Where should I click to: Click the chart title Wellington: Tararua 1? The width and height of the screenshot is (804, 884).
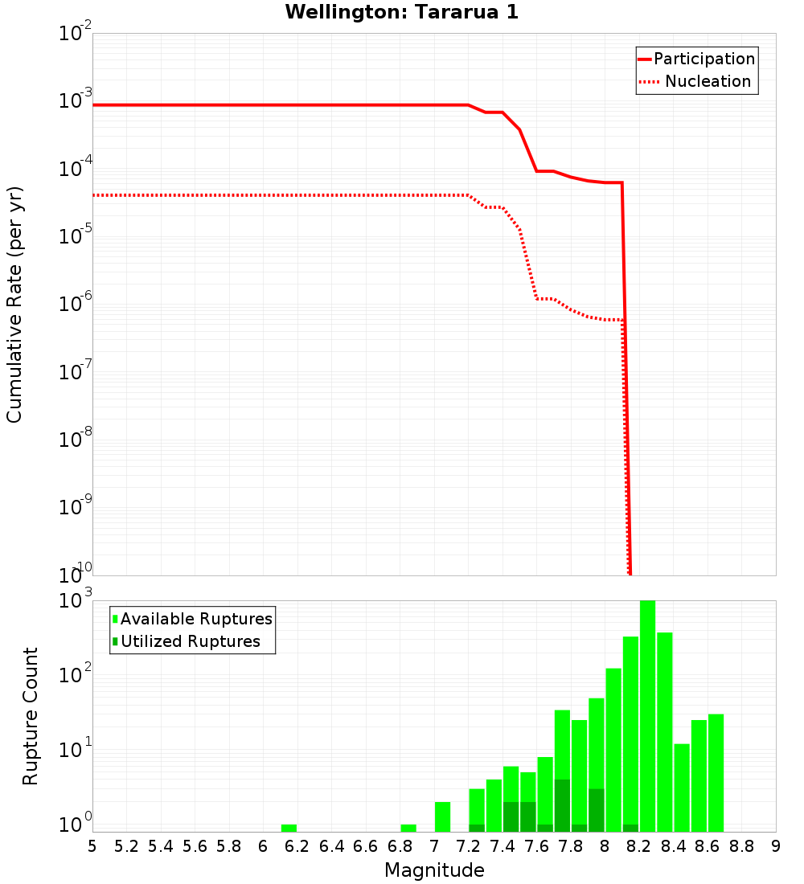coord(395,12)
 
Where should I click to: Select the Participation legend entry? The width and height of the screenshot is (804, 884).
coord(704,59)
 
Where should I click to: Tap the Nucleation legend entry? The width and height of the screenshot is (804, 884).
coord(708,81)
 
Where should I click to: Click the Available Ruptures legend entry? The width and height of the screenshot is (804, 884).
coord(196,619)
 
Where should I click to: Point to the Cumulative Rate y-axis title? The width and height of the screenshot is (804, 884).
coord(14,304)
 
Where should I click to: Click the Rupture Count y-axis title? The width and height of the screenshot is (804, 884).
coord(31,716)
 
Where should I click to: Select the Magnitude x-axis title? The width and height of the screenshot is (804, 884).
coord(434,870)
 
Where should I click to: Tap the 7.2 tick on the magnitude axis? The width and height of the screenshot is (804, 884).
coord(468,845)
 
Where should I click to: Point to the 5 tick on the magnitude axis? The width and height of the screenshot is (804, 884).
coord(92,845)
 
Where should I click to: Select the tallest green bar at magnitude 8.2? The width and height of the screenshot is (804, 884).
coord(647,715)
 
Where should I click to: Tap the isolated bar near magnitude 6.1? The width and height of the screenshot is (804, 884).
coord(289,828)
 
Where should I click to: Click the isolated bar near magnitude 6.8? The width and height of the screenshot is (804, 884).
coord(408,828)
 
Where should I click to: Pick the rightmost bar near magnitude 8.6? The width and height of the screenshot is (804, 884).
coord(716,771)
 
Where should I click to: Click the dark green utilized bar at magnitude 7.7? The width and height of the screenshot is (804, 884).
coord(562,805)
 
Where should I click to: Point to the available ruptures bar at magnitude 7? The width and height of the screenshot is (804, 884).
coord(442,816)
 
